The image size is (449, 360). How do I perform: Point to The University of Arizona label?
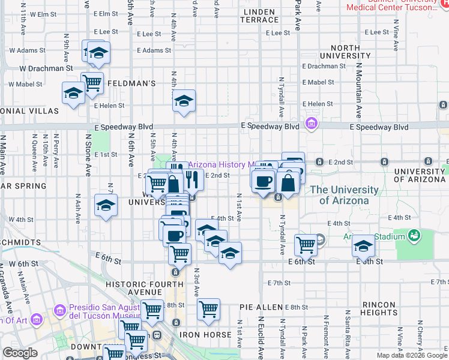(345, 195)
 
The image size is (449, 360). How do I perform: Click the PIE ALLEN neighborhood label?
(261, 307)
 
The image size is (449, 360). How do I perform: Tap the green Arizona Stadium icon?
(414, 236)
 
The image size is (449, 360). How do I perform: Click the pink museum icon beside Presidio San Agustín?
(59, 310)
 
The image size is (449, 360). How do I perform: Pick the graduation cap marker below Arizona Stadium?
(363, 245)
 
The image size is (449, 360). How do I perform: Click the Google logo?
(20, 353)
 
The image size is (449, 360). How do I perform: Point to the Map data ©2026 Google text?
(411, 355)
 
